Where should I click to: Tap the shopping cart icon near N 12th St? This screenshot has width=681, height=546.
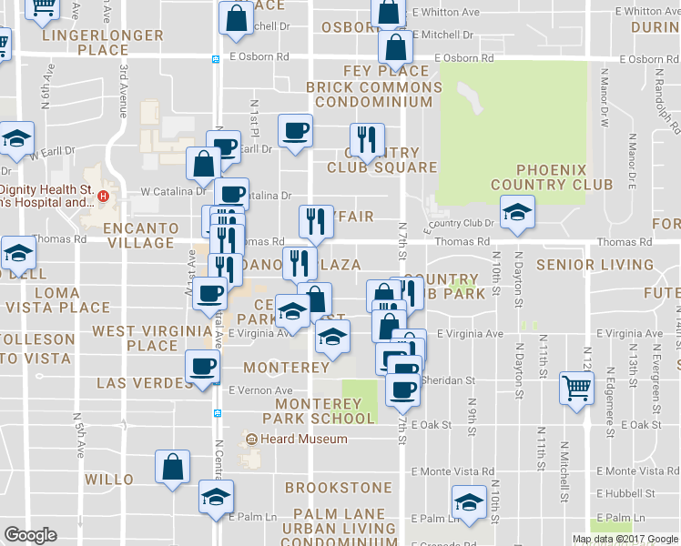point(576,389)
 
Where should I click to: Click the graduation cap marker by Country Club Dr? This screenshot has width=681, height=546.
point(517,212)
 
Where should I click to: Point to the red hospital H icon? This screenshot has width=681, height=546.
point(104,196)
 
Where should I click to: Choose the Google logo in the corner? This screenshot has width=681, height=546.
point(31,535)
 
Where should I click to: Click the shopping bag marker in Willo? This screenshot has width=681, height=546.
point(172,467)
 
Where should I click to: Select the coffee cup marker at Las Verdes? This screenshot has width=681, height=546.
point(201,366)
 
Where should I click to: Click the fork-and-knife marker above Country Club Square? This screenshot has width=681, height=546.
point(366,139)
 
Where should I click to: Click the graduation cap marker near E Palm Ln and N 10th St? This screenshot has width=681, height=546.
point(469,501)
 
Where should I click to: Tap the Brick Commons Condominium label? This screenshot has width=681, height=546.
point(373,96)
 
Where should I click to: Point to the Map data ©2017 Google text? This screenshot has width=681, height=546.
point(624,539)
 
